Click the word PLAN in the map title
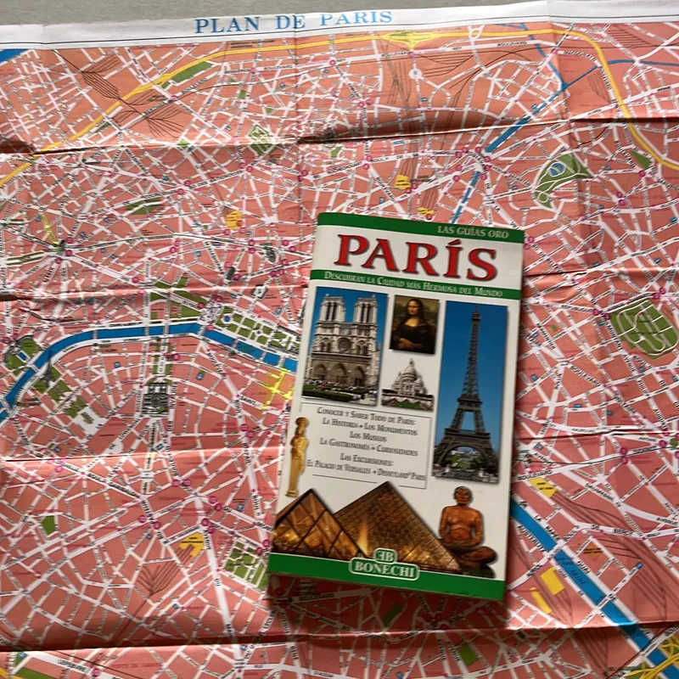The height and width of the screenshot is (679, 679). pos(224,24)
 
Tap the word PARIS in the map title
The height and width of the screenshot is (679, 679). pos(357,18)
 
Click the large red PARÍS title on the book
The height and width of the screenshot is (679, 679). pos(417,255)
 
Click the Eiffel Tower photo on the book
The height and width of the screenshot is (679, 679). pos(469,390)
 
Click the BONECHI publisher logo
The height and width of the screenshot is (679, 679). pos(384,569)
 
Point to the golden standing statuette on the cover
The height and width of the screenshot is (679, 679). pos(298,456)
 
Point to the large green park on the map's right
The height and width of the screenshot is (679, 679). pos(644,327)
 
